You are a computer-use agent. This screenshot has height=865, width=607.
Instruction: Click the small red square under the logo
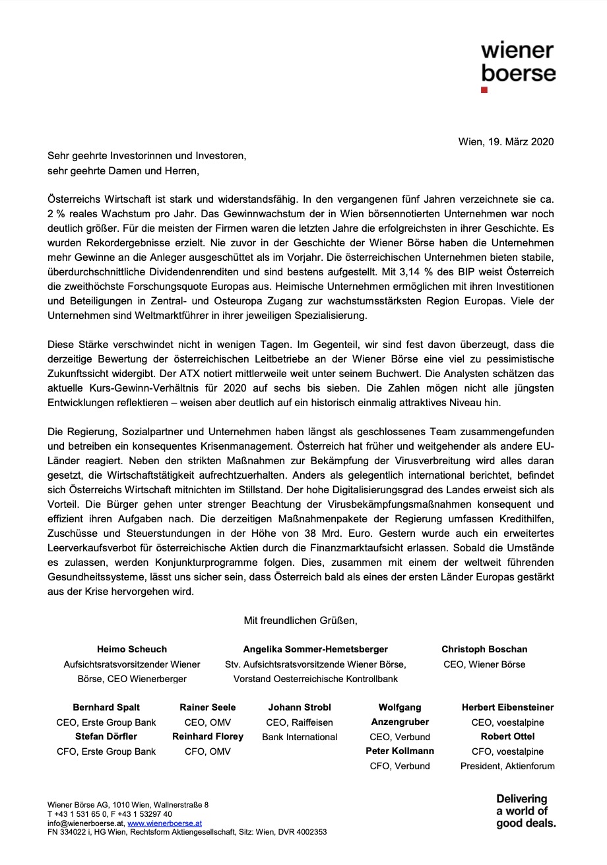pos(484,90)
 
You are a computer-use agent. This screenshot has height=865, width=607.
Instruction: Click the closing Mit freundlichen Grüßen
pos(300,620)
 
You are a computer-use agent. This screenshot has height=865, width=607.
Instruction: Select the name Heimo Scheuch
pos(132,649)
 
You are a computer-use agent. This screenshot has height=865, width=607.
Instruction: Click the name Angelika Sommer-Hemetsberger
pos(315,649)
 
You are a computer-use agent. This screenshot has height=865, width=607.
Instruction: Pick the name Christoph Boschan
pos(484,649)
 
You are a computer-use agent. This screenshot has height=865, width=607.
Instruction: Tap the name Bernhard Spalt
pos(106,707)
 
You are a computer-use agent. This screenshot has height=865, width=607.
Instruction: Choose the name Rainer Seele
pos(207,707)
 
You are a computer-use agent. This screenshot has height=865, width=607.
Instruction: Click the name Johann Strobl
pos(300,707)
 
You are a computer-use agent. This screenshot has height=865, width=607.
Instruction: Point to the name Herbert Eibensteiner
pos(507,707)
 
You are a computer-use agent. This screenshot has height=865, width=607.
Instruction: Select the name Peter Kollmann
pos(400,751)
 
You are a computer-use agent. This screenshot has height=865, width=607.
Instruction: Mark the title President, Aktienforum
pos(507,766)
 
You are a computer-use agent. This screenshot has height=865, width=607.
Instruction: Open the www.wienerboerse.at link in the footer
pos(164,823)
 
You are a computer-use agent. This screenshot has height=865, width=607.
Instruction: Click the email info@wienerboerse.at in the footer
pos(85,823)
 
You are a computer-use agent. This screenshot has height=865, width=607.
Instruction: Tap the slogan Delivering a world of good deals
pos(525,811)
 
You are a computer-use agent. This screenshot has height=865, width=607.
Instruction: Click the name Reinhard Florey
pos(207,736)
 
